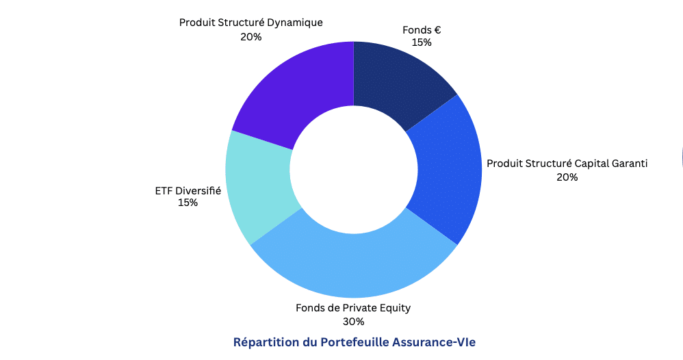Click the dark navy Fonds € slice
coord(398,81)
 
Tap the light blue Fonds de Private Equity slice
coord(354,261)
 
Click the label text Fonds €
coord(422,30)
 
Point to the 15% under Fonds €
coord(422,42)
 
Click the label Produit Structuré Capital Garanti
coord(567,164)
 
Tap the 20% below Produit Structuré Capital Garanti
coord(567,177)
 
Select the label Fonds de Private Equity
coord(353,308)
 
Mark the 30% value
coord(353,322)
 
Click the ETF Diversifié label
coord(188,191)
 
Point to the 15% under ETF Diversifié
coord(188,203)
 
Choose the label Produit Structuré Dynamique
coord(251,23)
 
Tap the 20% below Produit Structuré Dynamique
coord(251,37)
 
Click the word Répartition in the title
coord(266,343)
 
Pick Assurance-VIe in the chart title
coord(434,342)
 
